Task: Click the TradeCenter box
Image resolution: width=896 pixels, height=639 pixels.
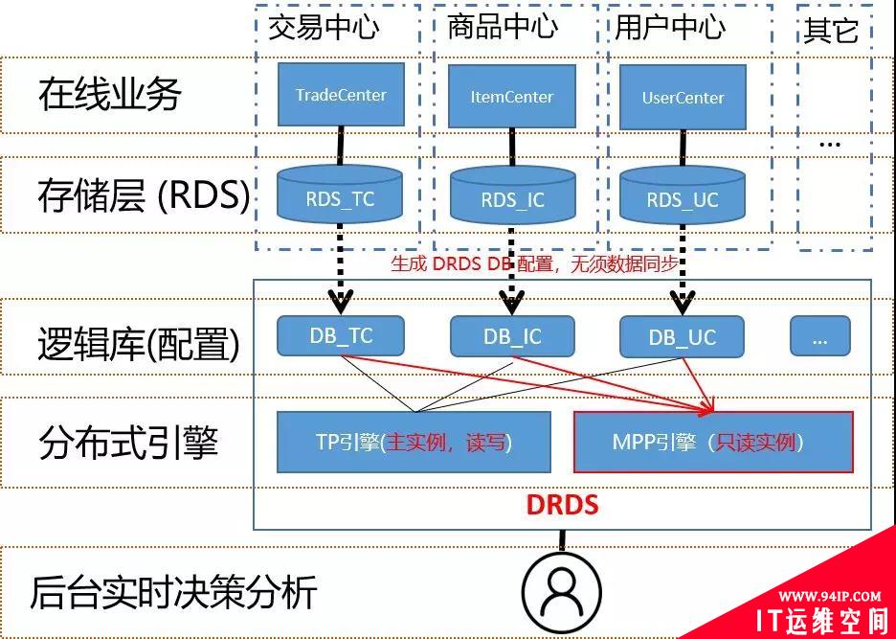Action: pos(340,95)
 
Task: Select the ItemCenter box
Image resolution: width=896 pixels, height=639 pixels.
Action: pos(512,96)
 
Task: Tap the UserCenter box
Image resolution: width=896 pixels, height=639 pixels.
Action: pos(683,97)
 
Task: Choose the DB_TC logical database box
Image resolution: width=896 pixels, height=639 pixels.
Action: pos(340,335)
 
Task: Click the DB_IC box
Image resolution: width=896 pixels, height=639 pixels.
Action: pos(512,336)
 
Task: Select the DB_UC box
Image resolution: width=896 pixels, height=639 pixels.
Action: pos(682,337)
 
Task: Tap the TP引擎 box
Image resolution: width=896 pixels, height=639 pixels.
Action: pos(414,442)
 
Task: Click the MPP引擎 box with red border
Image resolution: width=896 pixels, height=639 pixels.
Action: pos(712,442)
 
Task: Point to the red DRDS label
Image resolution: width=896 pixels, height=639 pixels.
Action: pos(563,505)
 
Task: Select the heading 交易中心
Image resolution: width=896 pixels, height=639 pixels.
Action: pos(324,26)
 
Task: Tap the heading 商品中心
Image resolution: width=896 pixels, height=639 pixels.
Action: pos(503,26)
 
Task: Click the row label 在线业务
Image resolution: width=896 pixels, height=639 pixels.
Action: pos(110,94)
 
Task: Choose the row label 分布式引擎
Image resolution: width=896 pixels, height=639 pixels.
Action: pos(129,443)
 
